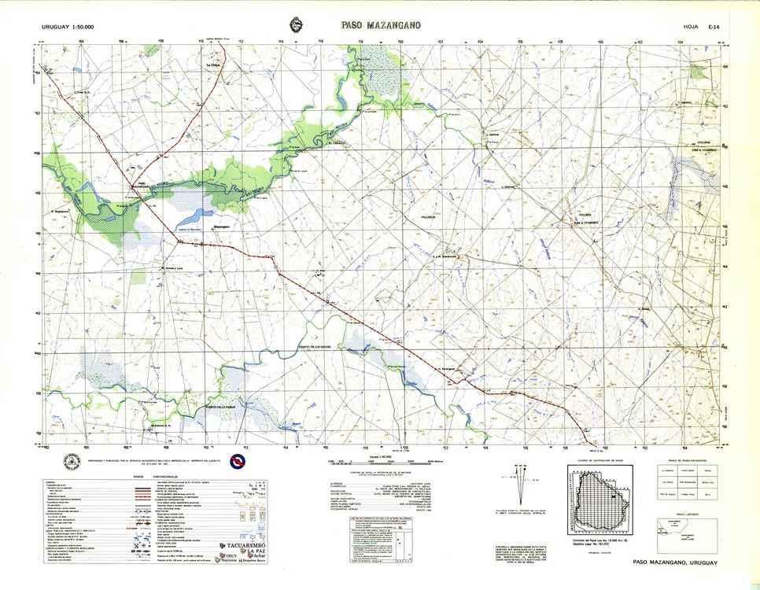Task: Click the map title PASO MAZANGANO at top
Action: click(381, 25)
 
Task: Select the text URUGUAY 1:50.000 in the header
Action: click(68, 28)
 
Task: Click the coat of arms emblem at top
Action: click(297, 25)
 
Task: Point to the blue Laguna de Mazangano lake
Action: click(193, 217)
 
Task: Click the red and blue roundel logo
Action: click(234, 462)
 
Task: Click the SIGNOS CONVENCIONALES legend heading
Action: click(154, 477)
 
